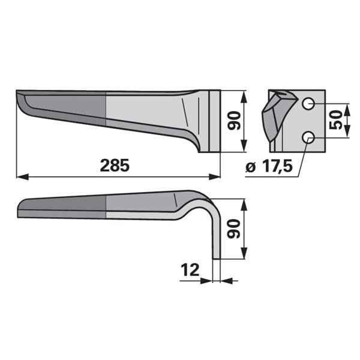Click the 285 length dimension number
115,166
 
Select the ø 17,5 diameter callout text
269,166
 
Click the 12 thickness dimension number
190,270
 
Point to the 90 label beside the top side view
234,121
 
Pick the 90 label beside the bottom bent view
233,229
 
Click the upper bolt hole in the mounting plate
308,104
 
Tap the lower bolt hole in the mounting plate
308,138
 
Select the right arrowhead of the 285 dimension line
214,177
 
